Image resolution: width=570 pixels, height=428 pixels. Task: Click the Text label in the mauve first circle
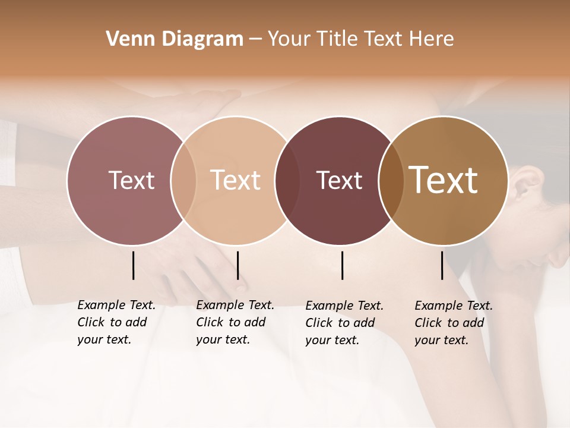pos(131,180)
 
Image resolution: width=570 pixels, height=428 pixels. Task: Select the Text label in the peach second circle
pos(236,180)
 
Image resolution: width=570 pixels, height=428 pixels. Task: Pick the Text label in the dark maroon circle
pos(339,180)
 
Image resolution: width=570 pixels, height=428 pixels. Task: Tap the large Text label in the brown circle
pos(444,180)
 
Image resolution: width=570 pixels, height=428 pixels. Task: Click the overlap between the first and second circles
pos(183,180)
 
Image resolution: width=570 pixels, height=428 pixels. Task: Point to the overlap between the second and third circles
pos(287,180)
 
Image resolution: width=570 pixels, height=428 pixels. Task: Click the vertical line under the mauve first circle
pos(134,265)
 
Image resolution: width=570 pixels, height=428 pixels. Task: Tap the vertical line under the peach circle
pos(237,265)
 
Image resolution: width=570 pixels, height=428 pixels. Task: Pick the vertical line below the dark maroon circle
pos(343,265)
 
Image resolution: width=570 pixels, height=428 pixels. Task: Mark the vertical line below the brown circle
pos(442,265)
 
